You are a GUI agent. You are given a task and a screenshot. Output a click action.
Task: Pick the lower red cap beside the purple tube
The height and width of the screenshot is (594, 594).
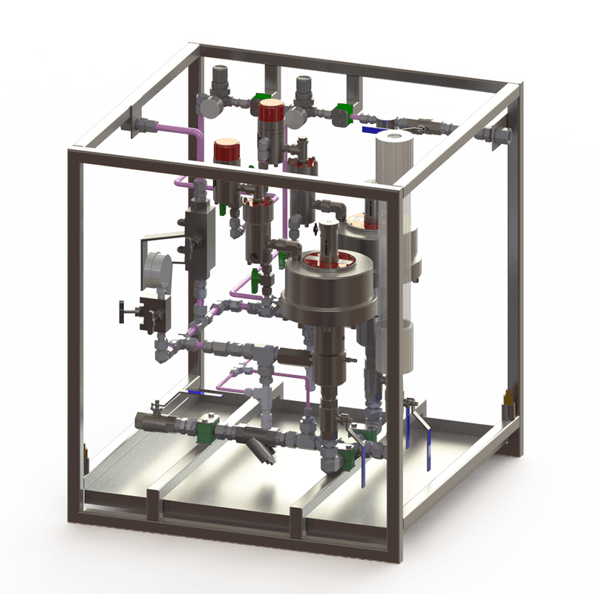click(224, 151)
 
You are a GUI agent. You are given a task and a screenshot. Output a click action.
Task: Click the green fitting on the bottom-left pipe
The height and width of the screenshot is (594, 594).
click(203, 431)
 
